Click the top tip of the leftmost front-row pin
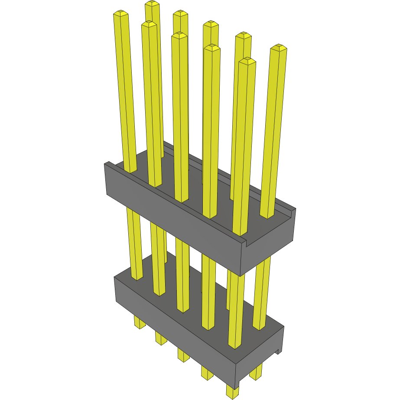(x=121, y=14)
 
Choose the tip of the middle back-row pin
(x=211, y=24)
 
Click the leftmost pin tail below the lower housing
(x=139, y=323)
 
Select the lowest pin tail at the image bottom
(x=232, y=392)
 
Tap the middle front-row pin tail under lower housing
(x=183, y=355)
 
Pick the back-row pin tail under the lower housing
(x=256, y=373)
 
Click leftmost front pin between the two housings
(x=134, y=243)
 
